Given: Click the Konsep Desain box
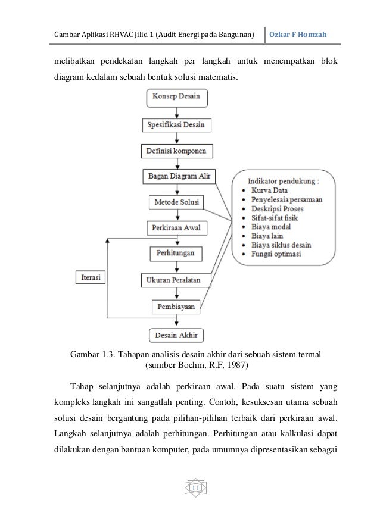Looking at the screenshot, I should tap(177, 96).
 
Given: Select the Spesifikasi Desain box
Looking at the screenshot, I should tap(177, 125).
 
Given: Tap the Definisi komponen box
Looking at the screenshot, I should tap(177, 151).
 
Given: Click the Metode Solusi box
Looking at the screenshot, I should tap(177, 202).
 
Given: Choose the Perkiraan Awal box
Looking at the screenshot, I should tap(177, 228).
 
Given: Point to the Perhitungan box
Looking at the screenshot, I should tap(177, 254).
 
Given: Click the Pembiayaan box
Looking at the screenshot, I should tap(177, 307).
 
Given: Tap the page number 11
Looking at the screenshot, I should tap(196, 489).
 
